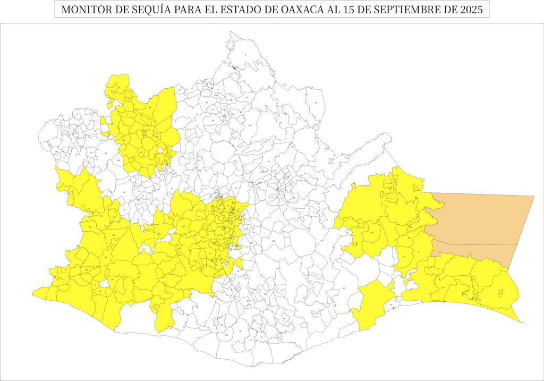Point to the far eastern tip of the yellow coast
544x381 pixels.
click(x=522, y=321)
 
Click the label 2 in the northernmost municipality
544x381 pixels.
click(x=245, y=55)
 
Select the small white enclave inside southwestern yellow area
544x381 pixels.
click(x=105, y=291)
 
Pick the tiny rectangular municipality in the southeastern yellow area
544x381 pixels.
click(x=500, y=293)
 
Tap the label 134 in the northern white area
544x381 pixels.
click(x=250, y=125)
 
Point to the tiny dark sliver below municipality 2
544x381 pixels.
click(x=237, y=67)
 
